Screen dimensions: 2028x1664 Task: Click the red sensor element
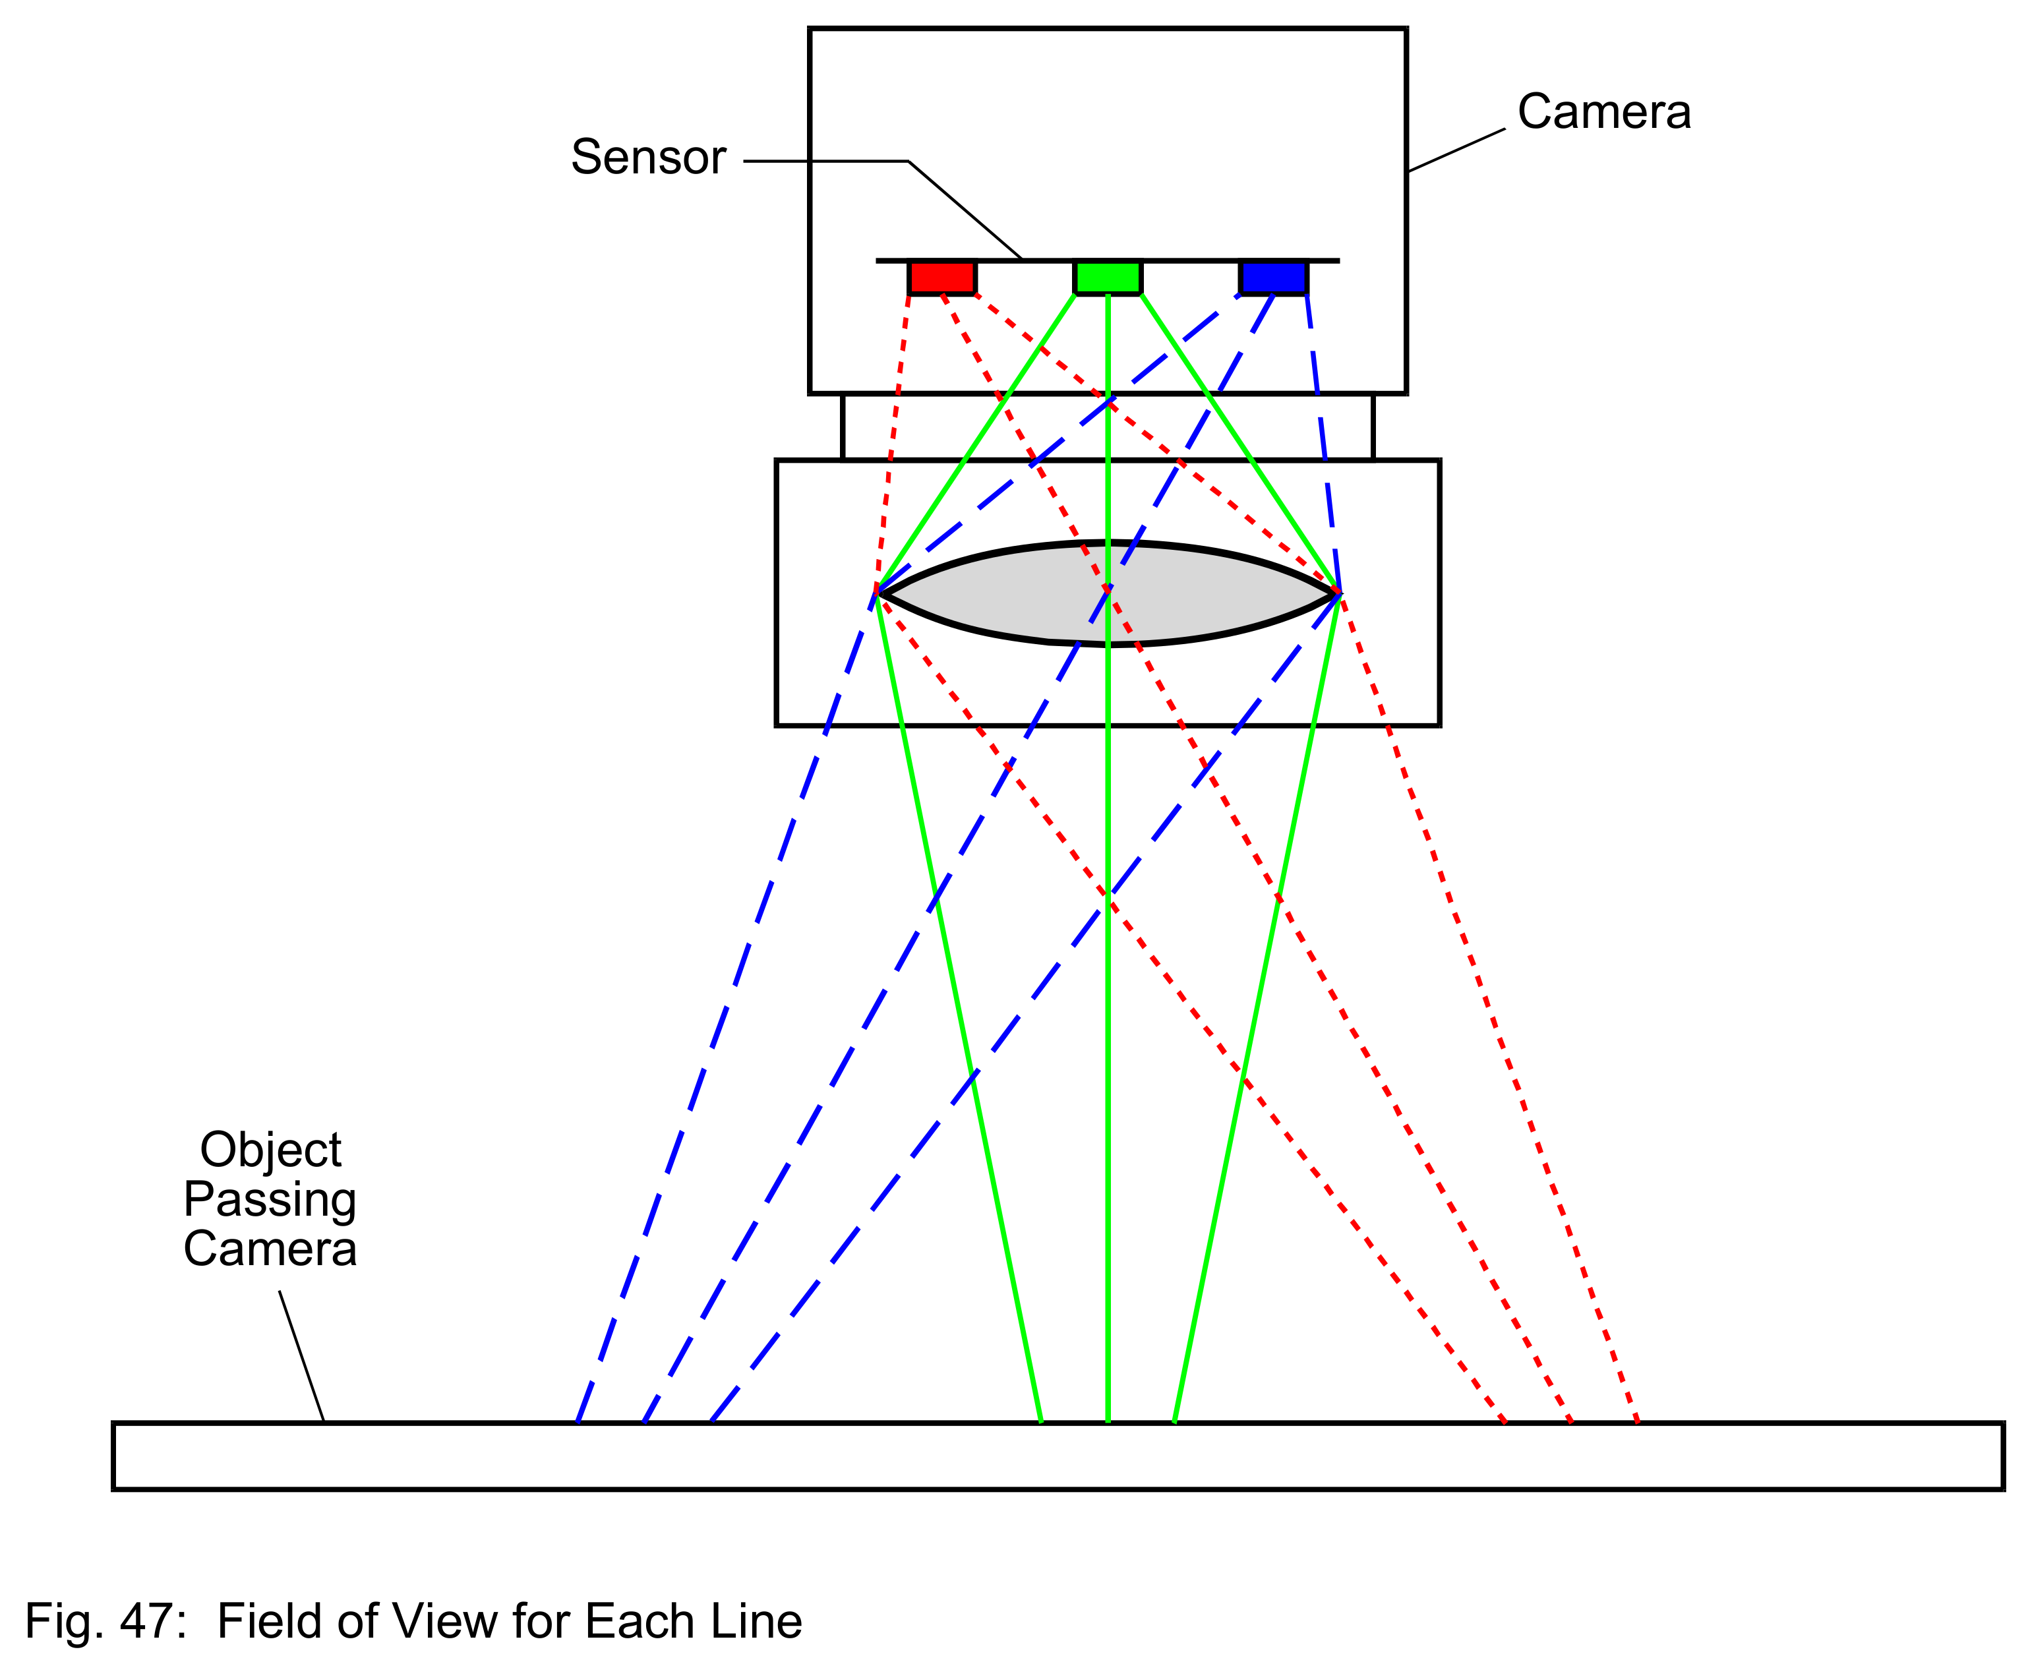pyautogui.click(x=942, y=277)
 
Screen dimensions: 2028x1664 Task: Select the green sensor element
pyautogui.click(x=1108, y=277)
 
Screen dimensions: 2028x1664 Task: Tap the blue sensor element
pyautogui.click(x=1274, y=277)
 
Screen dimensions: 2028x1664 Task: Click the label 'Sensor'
pyautogui.click(x=649, y=156)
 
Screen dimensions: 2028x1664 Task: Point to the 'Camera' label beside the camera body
pyautogui.click(x=1604, y=111)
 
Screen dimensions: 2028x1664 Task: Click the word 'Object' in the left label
pyautogui.click(x=270, y=1151)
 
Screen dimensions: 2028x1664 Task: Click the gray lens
pyautogui.click(x=1108, y=594)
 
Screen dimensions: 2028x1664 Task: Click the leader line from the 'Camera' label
pyautogui.click(x=1456, y=150)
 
